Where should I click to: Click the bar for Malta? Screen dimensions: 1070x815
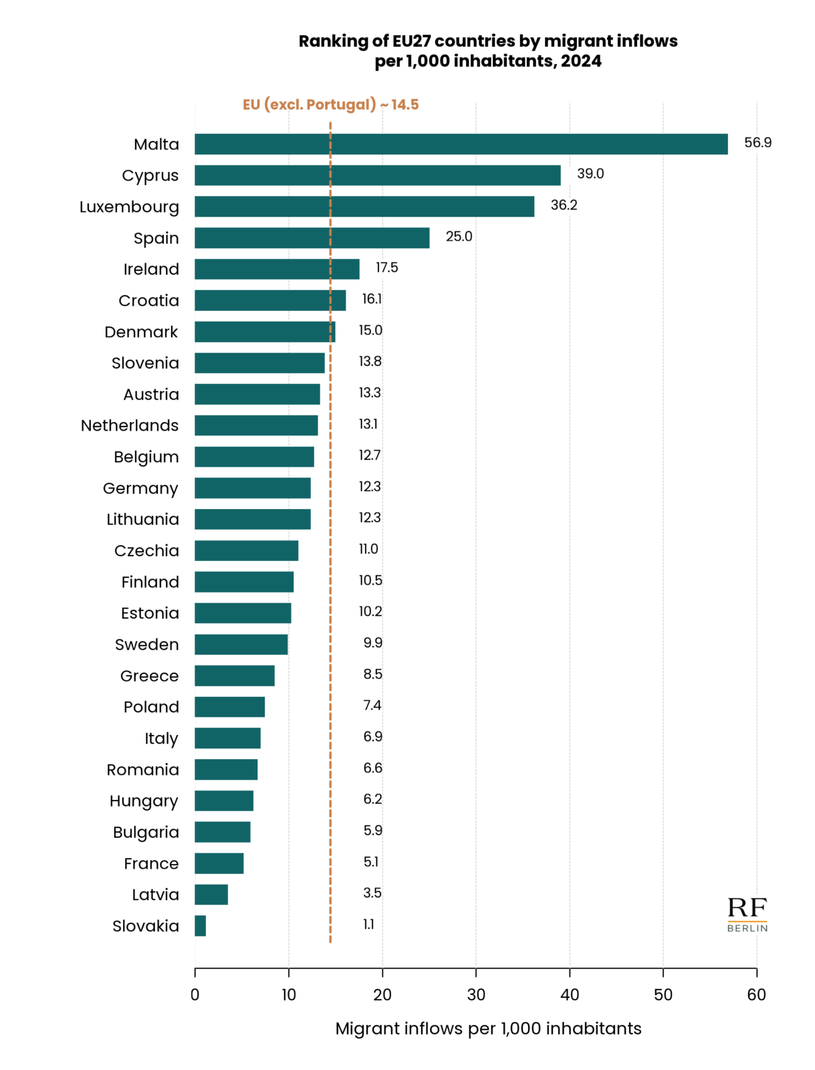[461, 144]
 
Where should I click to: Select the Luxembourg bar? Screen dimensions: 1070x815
[364, 207]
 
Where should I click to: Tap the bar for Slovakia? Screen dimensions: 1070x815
[200, 926]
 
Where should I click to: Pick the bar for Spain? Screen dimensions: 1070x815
[312, 238]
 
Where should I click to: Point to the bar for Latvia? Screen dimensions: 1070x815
[211, 895]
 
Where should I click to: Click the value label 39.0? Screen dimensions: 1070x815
[590, 174]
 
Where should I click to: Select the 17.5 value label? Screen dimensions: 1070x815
[386, 268]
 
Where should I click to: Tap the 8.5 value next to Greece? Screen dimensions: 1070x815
[372, 674]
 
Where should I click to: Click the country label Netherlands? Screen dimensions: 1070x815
[130, 426]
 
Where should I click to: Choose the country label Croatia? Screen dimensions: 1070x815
[148, 301]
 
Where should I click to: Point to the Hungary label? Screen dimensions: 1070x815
[144, 801]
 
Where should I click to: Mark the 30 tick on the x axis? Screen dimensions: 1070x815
[476, 995]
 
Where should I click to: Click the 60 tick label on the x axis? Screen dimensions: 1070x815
[756, 995]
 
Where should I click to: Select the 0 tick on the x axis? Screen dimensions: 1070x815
[195, 995]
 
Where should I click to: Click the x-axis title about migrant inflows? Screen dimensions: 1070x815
[488, 1029]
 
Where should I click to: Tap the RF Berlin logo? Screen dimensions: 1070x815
[747, 914]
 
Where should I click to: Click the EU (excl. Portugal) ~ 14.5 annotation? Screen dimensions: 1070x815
[330, 105]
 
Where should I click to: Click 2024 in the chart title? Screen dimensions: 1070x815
[581, 62]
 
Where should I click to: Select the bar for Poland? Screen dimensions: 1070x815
[229, 707]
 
